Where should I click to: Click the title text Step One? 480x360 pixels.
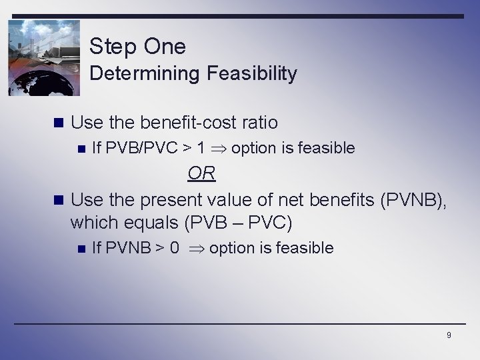137,47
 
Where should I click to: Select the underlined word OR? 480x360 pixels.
201,173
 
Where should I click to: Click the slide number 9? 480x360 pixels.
449,335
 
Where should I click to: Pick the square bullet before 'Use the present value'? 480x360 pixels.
58,199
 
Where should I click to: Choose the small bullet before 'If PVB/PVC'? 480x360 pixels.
81,149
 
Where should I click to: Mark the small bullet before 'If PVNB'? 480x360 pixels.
81,249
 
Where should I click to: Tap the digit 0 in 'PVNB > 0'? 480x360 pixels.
175,249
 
